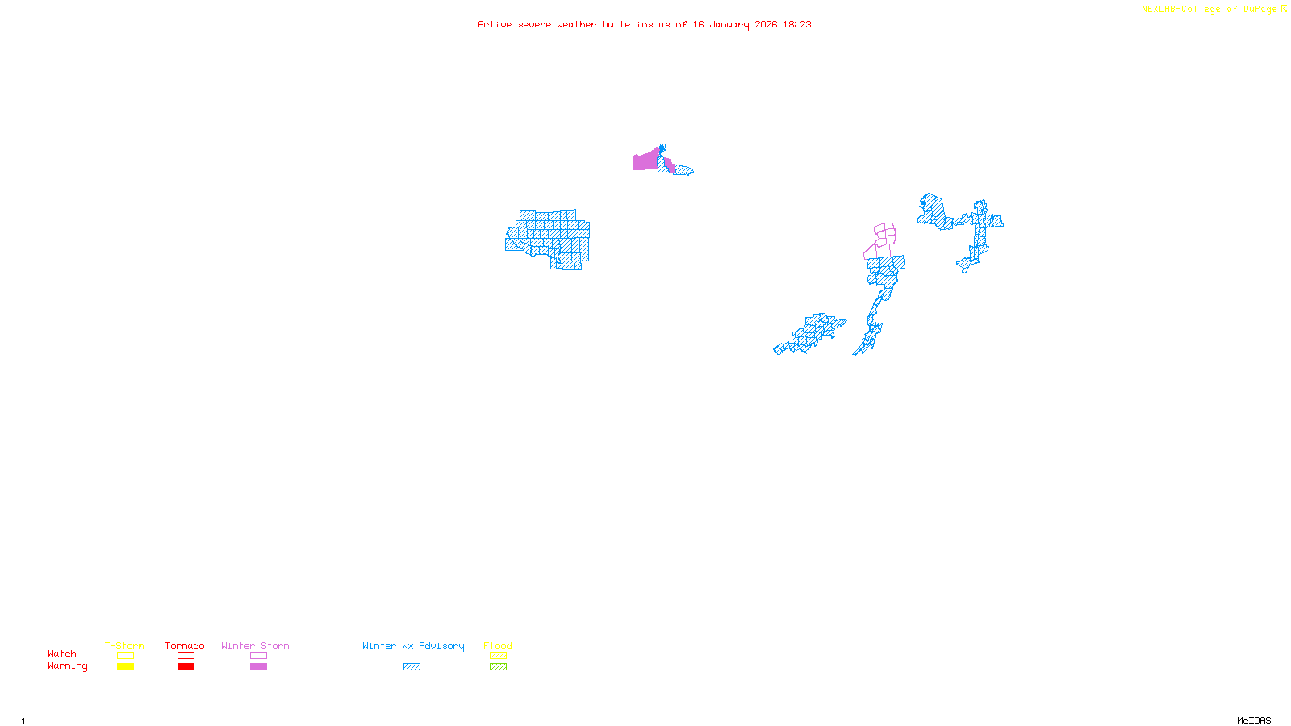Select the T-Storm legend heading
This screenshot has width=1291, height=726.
tap(124, 645)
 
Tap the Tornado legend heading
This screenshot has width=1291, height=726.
tap(185, 645)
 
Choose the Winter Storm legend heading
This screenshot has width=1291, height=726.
tap(255, 645)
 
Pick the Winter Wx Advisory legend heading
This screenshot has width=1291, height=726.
tap(413, 645)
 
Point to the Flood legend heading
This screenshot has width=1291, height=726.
tap(498, 645)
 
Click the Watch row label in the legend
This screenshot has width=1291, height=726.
tap(62, 654)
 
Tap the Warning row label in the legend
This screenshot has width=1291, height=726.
tap(67, 666)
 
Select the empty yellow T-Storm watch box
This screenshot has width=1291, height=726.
tap(125, 656)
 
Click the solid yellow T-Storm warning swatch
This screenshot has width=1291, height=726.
tap(125, 667)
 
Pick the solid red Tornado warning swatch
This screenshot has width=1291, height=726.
tap(186, 667)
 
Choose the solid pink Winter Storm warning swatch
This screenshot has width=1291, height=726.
tap(258, 667)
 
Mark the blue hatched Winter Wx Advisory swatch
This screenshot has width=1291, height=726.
tap(412, 667)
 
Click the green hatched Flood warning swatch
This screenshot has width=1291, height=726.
tap(498, 667)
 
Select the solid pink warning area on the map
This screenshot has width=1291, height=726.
tap(645, 161)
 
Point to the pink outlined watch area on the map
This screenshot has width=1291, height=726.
tap(884, 235)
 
